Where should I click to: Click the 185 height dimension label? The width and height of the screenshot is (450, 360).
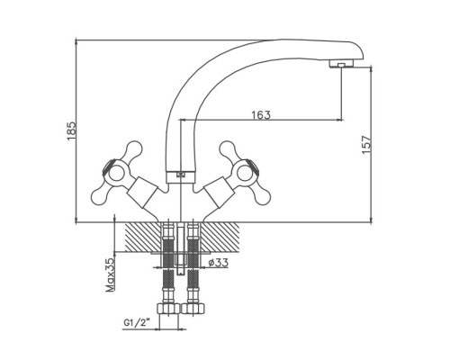72,131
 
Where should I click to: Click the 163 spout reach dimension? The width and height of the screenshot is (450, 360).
261,115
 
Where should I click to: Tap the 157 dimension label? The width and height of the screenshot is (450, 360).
366,145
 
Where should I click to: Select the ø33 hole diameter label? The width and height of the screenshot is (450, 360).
218,263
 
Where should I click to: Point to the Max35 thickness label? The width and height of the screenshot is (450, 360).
111,274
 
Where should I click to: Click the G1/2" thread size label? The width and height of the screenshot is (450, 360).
137,323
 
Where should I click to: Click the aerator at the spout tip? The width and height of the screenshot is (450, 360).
341,64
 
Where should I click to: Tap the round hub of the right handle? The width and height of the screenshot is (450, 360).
246,173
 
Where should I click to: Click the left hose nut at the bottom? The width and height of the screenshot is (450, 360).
168,309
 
